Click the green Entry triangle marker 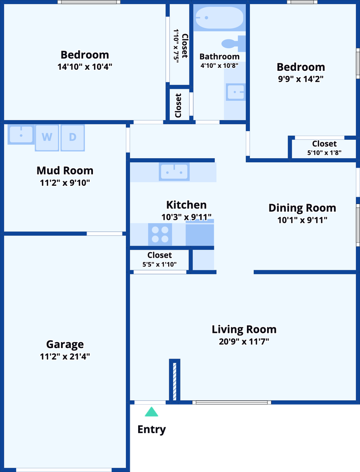pyautogui.click(x=151, y=412)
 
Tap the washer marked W pyautogui.click(x=47, y=138)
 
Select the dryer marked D pyautogui.click(x=73, y=138)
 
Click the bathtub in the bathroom pyautogui.click(x=219, y=18)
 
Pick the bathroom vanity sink pyautogui.click(x=236, y=92)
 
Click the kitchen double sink pyautogui.click(x=174, y=172)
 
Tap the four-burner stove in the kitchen pyautogui.click(x=160, y=235)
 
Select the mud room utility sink pyautogui.click(x=21, y=135)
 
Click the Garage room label pyautogui.click(x=65, y=344)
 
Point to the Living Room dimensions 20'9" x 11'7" pyautogui.click(x=244, y=341)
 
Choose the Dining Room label pyautogui.click(x=302, y=207)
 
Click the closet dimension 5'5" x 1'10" pyautogui.click(x=159, y=265)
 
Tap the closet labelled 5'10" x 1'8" pyautogui.click(x=324, y=148)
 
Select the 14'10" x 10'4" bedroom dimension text pyautogui.click(x=85, y=66)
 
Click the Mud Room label pyautogui.click(x=65, y=171)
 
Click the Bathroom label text pyautogui.click(x=219, y=57)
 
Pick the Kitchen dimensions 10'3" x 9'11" pyautogui.click(x=186, y=217)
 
